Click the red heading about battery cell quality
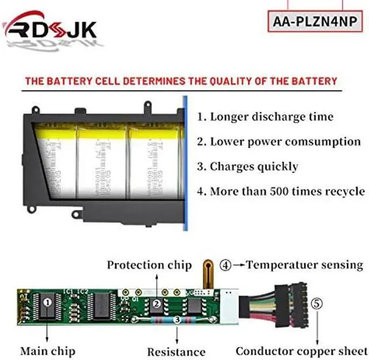180,81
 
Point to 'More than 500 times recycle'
281,192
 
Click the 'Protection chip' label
149,265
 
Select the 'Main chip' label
47,350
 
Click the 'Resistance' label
176,351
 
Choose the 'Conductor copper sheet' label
301,350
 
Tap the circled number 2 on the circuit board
155,303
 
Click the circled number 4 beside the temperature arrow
226,265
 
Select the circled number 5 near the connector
315,302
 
